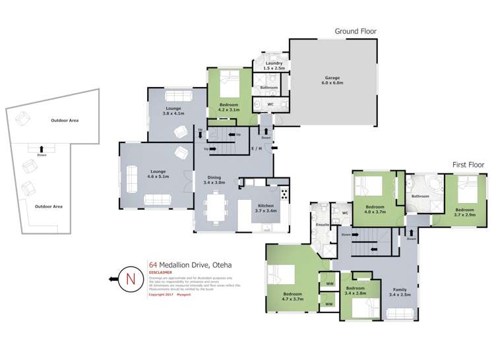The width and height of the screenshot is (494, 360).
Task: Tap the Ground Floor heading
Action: pyautogui.click(x=355, y=31)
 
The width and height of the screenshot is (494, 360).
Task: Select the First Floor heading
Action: pyautogui.click(x=468, y=164)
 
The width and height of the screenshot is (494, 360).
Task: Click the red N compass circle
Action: pyautogui.click(x=130, y=279)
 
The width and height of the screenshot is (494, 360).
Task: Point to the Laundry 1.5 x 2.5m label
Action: pyautogui.click(x=274, y=66)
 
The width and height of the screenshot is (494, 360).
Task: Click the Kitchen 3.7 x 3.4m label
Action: pyautogui.click(x=267, y=208)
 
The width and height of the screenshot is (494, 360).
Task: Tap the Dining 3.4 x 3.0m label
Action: pyautogui.click(x=216, y=180)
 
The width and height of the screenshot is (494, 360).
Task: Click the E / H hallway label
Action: pyautogui.click(x=257, y=149)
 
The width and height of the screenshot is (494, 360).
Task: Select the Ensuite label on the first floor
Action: pyautogui.click(x=323, y=225)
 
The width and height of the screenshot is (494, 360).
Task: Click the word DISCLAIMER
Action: pyautogui.click(x=160, y=272)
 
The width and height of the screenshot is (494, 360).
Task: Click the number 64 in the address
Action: pyautogui.click(x=152, y=265)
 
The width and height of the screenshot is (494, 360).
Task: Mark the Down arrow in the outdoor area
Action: pyautogui.click(x=42, y=151)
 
